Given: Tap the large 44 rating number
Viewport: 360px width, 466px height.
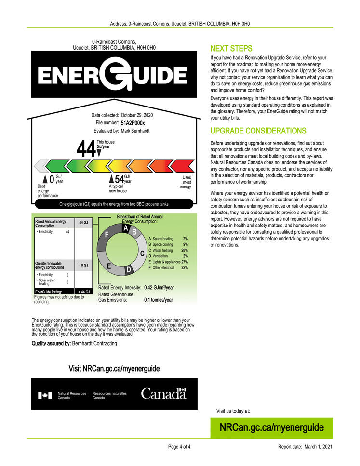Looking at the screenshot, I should [86, 149].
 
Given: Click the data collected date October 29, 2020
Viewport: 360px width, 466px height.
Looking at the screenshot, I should [137, 115].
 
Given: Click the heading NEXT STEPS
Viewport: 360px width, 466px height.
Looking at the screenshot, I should [231, 49].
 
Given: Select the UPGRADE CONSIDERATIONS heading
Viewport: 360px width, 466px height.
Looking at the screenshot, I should [258, 131].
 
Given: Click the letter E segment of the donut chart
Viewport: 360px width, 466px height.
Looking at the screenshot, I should [109, 266].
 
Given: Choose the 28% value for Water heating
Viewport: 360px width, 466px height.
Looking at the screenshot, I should [184, 250].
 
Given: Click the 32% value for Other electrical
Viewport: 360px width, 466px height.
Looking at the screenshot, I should [184, 267].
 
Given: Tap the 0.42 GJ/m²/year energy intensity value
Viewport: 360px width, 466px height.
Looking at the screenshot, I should [159, 288].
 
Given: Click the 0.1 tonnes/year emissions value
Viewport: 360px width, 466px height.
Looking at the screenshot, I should [158, 300].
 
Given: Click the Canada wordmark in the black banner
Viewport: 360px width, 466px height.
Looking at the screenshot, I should [163, 394].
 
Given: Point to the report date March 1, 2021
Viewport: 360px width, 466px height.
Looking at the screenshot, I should [319, 447].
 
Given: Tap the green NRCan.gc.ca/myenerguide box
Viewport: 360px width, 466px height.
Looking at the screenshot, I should [271, 427].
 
